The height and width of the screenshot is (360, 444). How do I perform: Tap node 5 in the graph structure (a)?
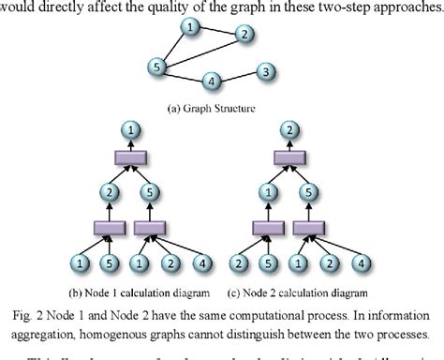[x=158, y=66]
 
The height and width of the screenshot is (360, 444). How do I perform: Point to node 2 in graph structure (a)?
[x=244, y=36]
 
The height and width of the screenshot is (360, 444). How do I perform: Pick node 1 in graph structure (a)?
[x=190, y=27]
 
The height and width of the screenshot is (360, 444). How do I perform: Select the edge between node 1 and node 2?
[x=216, y=31]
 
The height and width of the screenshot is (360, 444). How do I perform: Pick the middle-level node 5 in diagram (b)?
[x=155, y=193]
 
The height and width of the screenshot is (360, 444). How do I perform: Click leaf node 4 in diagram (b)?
[x=200, y=260]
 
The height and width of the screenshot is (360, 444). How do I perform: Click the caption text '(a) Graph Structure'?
[x=214, y=108]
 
